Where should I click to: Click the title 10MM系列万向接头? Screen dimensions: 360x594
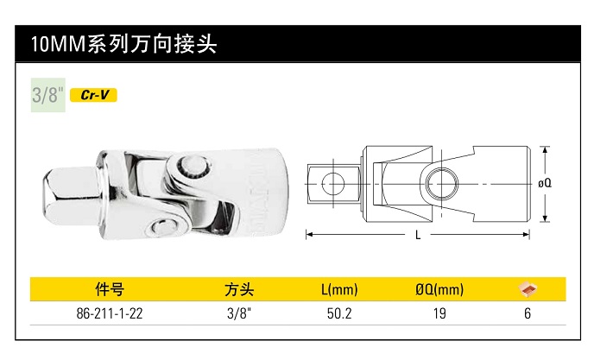click(123, 44)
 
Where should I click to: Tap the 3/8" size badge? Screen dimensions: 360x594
click(47, 95)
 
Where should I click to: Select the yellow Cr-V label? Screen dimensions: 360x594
click(93, 95)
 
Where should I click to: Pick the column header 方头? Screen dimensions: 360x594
click(237, 289)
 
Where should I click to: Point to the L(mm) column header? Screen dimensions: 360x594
click(338, 289)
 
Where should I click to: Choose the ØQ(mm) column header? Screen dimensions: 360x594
click(439, 289)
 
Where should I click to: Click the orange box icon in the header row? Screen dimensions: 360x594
click(527, 288)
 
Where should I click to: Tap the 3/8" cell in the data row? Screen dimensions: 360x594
click(237, 313)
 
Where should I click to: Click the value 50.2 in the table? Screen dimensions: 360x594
click(338, 313)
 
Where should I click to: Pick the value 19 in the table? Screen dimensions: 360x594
click(439, 313)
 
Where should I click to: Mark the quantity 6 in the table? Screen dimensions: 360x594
click(527, 313)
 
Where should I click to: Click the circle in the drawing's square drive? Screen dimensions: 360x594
click(332, 182)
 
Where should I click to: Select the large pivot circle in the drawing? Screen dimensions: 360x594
click(442, 183)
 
